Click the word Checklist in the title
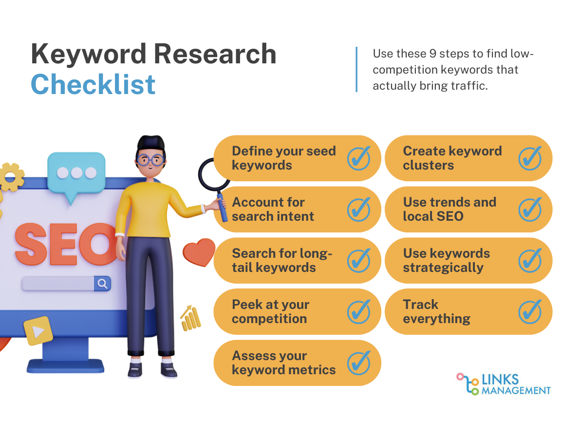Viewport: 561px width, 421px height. click(93, 84)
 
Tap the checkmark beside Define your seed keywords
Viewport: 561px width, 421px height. click(359, 158)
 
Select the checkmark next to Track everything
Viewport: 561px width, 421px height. click(530, 312)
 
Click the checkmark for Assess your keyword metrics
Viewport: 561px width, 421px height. click(359, 363)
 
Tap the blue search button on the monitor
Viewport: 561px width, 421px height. click(102, 284)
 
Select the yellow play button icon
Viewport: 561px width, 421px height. click(38, 331)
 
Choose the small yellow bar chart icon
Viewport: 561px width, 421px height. click(190, 318)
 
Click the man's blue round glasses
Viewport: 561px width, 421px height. click(150, 160)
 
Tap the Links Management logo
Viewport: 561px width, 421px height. click(504, 384)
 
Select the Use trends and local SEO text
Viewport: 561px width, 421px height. click(450, 209)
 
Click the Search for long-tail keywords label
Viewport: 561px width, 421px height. click(282, 260)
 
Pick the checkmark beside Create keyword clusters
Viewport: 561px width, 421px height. click(530, 158)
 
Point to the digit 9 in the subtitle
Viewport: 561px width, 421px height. click(433, 54)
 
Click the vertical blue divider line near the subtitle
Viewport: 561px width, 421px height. click(356, 70)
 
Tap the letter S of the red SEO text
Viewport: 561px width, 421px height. click(31, 244)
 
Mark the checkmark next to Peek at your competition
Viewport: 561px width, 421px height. click(359, 312)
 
